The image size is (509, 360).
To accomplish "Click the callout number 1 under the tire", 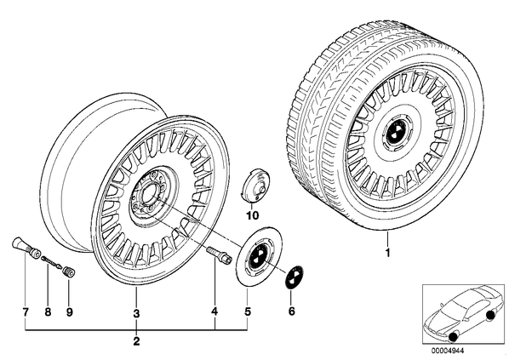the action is pyautogui.click(x=387, y=253).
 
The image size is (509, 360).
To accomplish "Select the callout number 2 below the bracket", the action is pyautogui.click(x=136, y=341).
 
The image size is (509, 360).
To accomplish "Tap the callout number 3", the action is pyautogui.click(x=136, y=313).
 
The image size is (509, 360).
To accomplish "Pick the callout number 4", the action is pyautogui.click(x=214, y=311).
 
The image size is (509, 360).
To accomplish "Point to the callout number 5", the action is pyautogui.click(x=248, y=312).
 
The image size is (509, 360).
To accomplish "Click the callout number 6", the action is pyautogui.click(x=291, y=311).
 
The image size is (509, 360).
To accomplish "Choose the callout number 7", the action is pyautogui.click(x=26, y=312).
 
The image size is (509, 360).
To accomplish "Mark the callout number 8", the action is pyautogui.click(x=48, y=312).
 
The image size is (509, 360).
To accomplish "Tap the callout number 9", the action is pyautogui.click(x=69, y=312).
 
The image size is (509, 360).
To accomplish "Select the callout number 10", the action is pyautogui.click(x=253, y=215).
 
